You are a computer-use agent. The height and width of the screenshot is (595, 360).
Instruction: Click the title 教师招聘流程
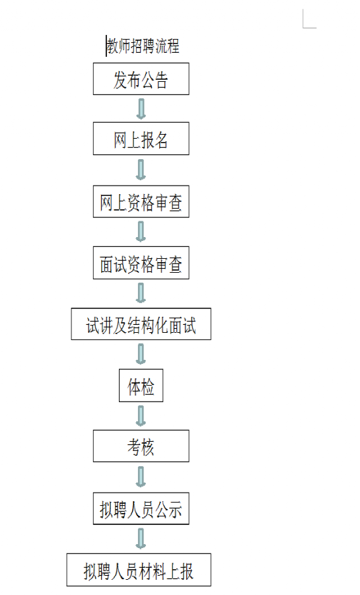pyautogui.click(x=143, y=46)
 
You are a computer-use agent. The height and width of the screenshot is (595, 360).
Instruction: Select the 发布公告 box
pyautogui.click(x=141, y=79)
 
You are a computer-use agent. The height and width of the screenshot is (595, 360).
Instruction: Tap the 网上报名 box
pyautogui.click(x=141, y=139)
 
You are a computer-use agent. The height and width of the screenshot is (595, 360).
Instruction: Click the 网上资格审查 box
pyautogui.click(x=141, y=201)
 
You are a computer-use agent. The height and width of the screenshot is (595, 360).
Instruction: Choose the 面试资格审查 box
pyautogui.click(x=141, y=263)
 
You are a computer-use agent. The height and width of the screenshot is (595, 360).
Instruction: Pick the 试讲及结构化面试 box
pyautogui.click(x=141, y=324)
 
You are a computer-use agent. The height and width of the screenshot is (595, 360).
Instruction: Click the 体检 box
pyautogui.click(x=141, y=386)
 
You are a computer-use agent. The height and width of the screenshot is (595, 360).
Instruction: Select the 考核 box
pyautogui.click(x=141, y=446)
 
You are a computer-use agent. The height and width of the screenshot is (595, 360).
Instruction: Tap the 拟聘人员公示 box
pyautogui.click(x=141, y=508)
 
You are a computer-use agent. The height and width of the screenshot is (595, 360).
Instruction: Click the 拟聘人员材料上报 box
pyautogui.click(x=139, y=570)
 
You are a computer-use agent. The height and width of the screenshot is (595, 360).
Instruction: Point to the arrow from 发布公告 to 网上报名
pyautogui.click(x=141, y=108)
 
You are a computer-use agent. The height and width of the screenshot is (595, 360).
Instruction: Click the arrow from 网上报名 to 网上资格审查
pyautogui.click(x=141, y=170)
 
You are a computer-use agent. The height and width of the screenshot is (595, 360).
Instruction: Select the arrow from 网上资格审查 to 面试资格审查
pyautogui.click(x=141, y=232)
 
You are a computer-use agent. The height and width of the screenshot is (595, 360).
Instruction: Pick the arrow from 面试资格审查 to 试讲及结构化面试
pyautogui.click(x=141, y=293)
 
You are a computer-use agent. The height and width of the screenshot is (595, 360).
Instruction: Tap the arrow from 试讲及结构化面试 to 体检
pyautogui.click(x=141, y=354)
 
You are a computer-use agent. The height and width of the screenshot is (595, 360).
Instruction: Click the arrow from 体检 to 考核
pyautogui.click(x=141, y=416)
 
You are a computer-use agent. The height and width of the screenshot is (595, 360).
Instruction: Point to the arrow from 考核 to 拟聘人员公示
pyautogui.click(x=141, y=477)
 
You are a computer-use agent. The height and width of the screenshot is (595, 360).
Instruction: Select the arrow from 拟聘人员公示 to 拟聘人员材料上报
pyautogui.click(x=141, y=539)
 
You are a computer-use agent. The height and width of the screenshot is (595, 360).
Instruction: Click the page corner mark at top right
pyautogui.click(x=303, y=27)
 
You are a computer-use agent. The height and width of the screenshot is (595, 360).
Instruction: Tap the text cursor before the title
pyautogui.click(x=106, y=46)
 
